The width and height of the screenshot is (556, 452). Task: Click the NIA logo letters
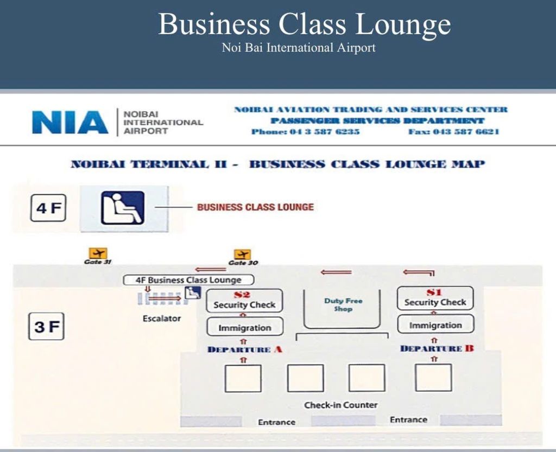(70, 122)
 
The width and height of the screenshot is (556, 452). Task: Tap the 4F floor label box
(48, 208)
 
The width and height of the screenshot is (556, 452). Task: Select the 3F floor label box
(46, 326)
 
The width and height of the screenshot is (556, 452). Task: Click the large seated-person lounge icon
(123, 208)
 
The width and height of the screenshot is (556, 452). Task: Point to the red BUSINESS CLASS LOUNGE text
(255, 207)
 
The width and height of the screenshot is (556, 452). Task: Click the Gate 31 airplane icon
(98, 253)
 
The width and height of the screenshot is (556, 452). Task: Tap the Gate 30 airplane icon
(243, 254)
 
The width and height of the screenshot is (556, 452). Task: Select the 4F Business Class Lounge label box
(188, 280)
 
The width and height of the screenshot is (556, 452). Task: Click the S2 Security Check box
(244, 301)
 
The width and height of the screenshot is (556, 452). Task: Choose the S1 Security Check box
(435, 298)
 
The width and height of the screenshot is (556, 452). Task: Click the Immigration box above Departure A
(245, 327)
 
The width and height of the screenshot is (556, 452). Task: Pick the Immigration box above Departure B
(435, 324)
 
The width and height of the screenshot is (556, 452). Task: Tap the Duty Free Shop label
(343, 304)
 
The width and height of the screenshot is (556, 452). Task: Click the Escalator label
(162, 319)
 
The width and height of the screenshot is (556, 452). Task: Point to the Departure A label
(245, 349)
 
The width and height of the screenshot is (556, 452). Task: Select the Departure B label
(437, 348)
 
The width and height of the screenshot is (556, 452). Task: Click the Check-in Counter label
(341, 405)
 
